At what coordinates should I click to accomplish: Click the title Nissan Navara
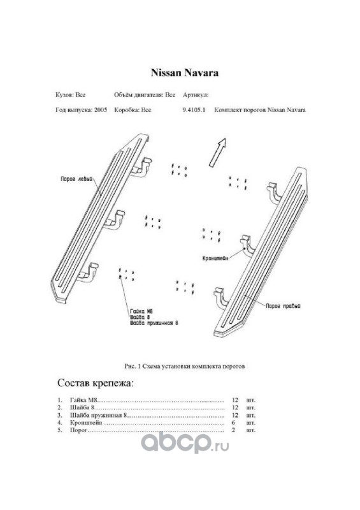[184, 73]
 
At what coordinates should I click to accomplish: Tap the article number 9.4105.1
[194, 110]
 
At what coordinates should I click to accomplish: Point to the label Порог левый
[76, 179]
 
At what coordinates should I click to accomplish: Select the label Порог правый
[283, 306]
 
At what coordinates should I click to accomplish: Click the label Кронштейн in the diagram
[215, 258]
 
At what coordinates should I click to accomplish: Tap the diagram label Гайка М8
[141, 311]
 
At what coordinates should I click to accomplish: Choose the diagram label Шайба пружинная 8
[154, 323]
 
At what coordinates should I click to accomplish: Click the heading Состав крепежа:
[96, 383]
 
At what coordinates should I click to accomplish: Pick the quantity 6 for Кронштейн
[233, 423]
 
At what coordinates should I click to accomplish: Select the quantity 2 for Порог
[233, 430]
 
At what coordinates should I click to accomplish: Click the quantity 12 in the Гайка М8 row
[235, 400]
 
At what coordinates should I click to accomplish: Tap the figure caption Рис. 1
[133, 366]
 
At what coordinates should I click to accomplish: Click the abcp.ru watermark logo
[185, 443]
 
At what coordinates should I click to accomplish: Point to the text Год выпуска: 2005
[82, 110]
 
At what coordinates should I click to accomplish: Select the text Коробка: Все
[133, 110]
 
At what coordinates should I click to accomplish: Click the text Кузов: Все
[71, 95]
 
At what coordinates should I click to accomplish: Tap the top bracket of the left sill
[142, 167]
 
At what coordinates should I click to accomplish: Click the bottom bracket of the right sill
[222, 296]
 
